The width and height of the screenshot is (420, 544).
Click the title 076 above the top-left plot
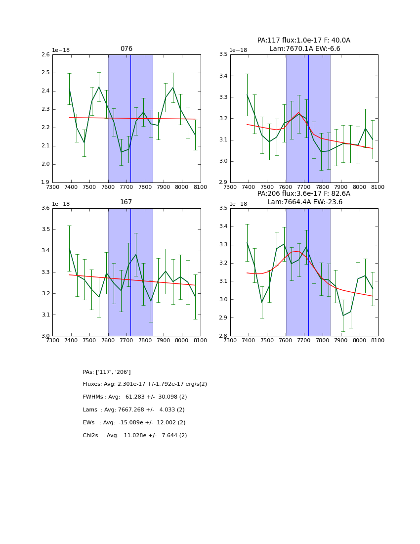pyautogui.click(x=126, y=49)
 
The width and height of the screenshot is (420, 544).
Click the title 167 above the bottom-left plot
pyautogui.click(x=126, y=202)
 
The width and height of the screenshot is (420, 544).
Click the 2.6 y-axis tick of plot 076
pyautogui.click(x=45, y=55)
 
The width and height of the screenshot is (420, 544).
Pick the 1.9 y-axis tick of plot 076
pyautogui.click(x=45, y=182)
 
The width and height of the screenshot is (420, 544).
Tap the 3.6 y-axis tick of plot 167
pyautogui.click(x=45, y=208)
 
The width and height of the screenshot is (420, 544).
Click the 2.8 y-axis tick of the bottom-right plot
pyautogui.click(x=223, y=336)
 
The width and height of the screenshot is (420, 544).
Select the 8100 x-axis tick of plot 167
pyautogui.click(x=201, y=340)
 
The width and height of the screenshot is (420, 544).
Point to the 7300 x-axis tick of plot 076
pyautogui.click(x=52, y=187)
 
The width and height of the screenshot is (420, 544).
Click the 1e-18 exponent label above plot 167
pyautogui.click(x=61, y=204)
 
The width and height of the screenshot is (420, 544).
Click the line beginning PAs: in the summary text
pyautogui.click(x=107, y=372)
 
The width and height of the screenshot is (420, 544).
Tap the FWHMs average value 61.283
pyautogui.click(x=135, y=397)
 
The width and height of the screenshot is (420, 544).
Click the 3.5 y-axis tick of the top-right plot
pyautogui.click(x=223, y=55)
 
